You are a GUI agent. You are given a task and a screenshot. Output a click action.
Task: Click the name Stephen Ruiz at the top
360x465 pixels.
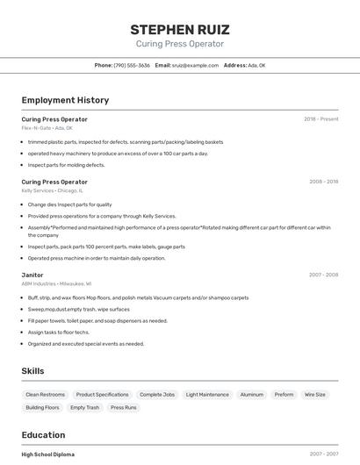(x=180, y=30)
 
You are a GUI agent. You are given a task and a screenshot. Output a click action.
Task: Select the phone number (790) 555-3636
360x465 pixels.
(x=133, y=65)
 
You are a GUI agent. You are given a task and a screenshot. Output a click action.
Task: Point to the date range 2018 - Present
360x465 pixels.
(x=320, y=119)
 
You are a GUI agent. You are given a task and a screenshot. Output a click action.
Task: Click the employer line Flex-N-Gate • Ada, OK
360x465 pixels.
(x=47, y=128)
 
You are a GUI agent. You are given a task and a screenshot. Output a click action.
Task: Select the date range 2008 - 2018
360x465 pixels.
(x=323, y=182)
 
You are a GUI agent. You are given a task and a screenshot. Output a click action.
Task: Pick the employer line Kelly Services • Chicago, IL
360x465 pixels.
(x=53, y=190)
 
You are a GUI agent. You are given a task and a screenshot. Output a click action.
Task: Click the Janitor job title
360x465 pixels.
(x=32, y=275)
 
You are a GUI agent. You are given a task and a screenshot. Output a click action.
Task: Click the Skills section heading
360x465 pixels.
(x=33, y=371)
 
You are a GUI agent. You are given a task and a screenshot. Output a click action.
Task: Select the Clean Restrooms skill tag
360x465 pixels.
(x=46, y=395)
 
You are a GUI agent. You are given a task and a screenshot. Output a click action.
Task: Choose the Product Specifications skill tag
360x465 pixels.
(x=102, y=395)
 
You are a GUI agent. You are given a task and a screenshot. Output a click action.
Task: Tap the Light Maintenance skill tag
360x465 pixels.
(x=207, y=395)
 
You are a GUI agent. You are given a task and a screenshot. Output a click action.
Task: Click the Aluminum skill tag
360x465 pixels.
(x=252, y=395)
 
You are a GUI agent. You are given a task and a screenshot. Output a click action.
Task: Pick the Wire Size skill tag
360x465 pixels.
(x=315, y=395)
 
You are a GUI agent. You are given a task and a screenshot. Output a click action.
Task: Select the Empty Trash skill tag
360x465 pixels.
(x=85, y=408)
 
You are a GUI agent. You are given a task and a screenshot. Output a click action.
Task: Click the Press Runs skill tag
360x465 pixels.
(x=124, y=408)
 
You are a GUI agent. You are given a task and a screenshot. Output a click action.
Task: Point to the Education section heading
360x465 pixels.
(x=44, y=434)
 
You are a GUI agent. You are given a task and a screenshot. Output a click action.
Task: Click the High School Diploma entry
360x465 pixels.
(x=48, y=454)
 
